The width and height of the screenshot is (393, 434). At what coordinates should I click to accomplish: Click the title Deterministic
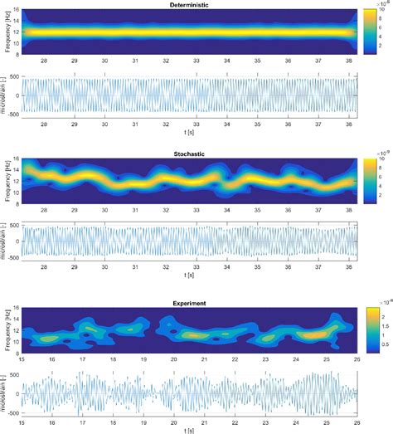click(x=192, y=5)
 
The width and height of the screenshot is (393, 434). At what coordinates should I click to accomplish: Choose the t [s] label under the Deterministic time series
click(x=192, y=135)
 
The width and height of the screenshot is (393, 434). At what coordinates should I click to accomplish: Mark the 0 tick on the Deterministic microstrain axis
click(x=17, y=94)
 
